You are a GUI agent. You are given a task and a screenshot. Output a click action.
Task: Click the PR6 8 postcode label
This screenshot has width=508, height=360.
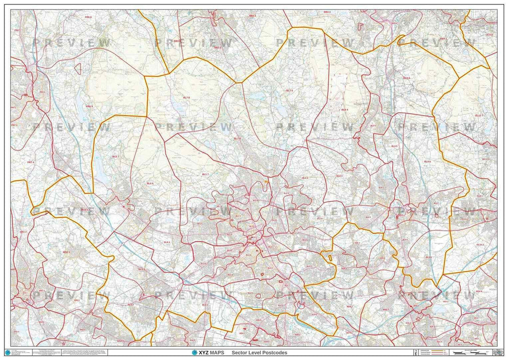pos(88,17)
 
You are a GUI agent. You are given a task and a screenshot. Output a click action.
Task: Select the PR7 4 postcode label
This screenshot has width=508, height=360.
pos(31,162)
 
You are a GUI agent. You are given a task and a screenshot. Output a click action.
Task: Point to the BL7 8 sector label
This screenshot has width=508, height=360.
pos(186,98)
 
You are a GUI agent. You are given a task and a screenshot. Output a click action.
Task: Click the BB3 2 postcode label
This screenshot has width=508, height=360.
pos(217,48)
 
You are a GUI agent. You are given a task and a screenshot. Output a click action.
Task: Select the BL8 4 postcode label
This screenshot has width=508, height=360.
pos(344,109)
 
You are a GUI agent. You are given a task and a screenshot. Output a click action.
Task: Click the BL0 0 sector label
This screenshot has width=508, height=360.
pos(406,78)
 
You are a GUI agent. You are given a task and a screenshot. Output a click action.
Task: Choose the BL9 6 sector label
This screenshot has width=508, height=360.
pos(427,161)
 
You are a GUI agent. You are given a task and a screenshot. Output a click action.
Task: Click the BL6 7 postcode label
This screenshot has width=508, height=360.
pos(116,156)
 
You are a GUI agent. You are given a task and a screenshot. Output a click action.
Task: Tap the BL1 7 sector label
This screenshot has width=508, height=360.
pos(204,174)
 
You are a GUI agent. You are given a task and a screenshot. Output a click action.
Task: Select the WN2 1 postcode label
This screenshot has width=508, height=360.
pos(23,231)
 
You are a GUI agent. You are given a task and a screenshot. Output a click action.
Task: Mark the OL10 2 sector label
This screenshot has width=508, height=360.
pos(479,245)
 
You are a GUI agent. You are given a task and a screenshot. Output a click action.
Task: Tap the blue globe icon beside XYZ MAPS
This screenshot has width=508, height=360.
pos(194,353)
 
